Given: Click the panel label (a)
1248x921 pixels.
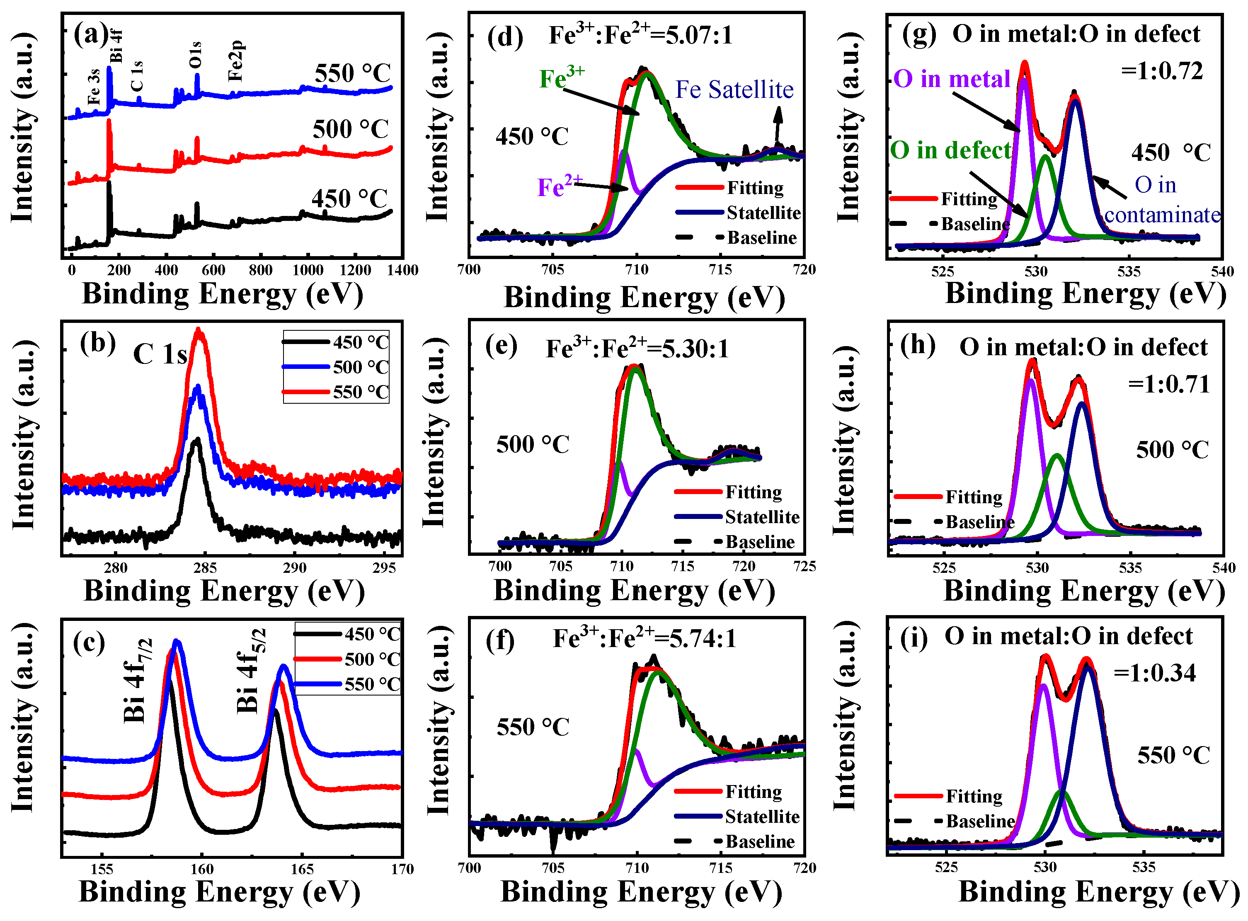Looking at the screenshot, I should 90,34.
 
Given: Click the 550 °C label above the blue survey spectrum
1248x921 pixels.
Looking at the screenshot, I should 352,74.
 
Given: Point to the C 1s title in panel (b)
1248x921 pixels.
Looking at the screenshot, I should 160,354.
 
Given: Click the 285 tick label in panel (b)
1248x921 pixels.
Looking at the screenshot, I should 205,568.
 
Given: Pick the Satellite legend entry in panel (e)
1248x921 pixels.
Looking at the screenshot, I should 761,517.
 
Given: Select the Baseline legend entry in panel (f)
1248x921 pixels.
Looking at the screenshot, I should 760,842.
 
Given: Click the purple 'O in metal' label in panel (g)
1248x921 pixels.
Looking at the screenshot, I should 952,79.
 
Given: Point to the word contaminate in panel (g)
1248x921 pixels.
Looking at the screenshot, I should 1162,215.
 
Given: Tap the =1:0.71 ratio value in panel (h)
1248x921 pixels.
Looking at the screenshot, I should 1168,385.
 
